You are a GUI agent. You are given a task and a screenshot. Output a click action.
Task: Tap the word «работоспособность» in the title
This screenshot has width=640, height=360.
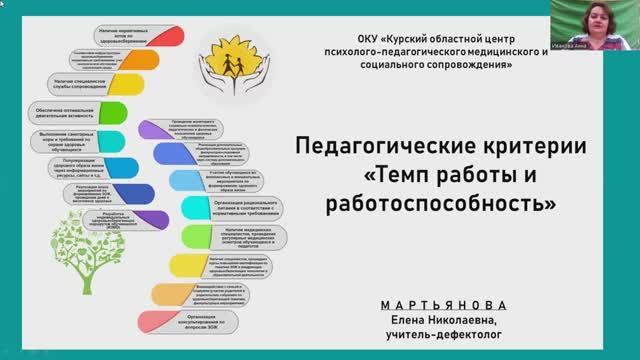[441, 205]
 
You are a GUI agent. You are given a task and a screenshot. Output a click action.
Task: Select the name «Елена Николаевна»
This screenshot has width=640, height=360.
[443, 319]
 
